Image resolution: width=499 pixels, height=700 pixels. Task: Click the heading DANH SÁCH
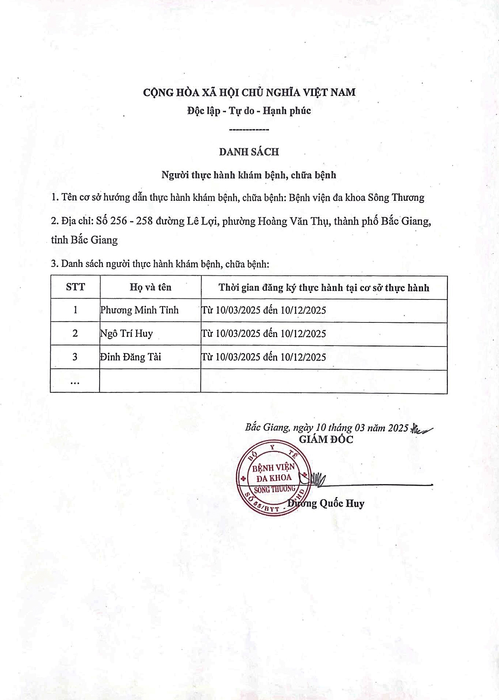tap(249, 152)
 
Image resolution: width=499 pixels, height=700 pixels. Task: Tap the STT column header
tap(75, 287)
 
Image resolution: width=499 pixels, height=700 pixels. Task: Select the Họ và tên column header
tap(150, 287)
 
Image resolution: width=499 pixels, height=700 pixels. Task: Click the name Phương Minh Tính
tap(139, 310)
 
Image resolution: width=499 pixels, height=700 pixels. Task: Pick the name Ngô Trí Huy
tap(127, 333)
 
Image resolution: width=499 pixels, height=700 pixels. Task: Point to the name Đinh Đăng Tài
tap(131, 357)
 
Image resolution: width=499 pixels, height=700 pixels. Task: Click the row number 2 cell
tap(75, 333)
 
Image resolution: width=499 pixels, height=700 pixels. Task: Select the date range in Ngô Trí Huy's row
tap(264, 333)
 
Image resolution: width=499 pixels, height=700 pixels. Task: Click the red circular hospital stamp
tap(273, 479)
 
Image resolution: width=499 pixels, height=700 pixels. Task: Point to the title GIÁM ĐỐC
tap(326, 439)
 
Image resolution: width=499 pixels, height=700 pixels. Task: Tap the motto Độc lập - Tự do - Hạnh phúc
tap(249, 111)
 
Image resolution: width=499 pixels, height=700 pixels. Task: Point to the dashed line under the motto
tap(249, 130)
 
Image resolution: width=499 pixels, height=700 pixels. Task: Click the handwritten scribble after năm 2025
tap(421, 428)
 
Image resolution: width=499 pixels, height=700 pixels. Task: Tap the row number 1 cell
tap(75, 310)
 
